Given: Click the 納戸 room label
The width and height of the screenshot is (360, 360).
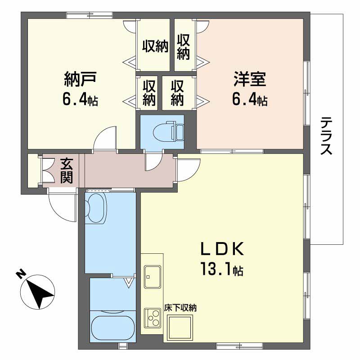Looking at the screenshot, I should [x=81, y=80].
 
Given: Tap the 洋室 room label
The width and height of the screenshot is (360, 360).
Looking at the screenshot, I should [x=250, y=80].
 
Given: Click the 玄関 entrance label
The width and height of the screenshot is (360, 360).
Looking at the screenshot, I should [x=67, y=170].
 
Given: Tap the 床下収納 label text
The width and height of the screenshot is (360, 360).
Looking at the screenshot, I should [x=183, y=308].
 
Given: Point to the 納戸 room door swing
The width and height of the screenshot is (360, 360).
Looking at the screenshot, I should [x=104, y=137].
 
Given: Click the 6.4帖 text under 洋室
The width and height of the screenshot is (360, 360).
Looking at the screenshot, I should [x=250, y=100].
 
